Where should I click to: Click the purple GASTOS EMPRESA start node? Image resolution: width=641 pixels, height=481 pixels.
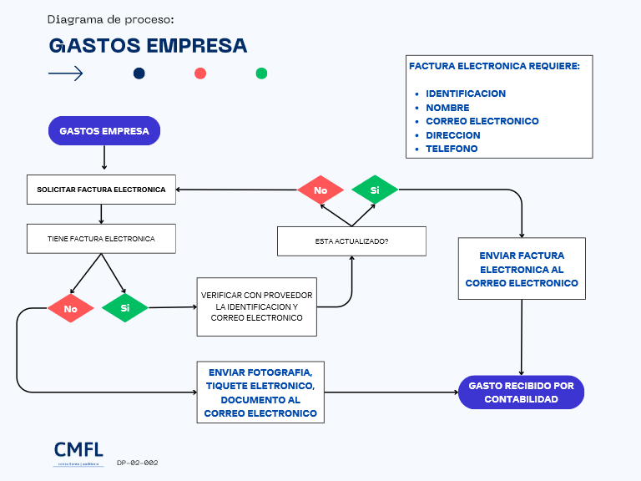[x=103, y=131]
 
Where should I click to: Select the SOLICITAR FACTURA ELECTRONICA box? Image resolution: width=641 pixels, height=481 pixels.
[x=101, y=190]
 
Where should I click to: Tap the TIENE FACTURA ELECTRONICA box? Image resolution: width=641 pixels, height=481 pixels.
[x=101, y=238]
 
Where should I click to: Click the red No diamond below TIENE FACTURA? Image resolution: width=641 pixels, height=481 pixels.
[x=71, y=308]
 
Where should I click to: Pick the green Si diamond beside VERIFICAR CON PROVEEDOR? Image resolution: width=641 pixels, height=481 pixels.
[x=125, y=308]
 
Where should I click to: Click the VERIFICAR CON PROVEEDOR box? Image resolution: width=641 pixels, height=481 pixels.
[x=257, y=306]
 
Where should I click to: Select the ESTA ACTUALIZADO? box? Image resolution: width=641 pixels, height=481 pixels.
[x=351, y=241]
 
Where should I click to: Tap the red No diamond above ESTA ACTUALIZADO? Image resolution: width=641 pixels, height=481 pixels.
[x=320, y=190]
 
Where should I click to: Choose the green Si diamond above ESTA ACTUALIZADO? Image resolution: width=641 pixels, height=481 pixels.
[x=375, y=190]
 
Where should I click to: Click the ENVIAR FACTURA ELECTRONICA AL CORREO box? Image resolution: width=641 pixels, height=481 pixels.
[x=522, y=269]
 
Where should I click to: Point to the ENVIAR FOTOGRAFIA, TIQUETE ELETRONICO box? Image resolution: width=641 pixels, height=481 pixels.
[x=260, y=392]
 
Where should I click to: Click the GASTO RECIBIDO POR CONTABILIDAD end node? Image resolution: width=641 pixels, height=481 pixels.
[x=521, y=392]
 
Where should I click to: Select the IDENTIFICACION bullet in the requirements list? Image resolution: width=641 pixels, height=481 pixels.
[x=466, y=94]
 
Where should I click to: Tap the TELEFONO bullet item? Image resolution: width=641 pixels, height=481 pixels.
[x=452, y=149]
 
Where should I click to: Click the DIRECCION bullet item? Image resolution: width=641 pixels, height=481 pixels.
[x=453, y=135]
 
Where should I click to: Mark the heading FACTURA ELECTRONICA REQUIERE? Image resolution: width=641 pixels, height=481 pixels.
[x=494, y=66]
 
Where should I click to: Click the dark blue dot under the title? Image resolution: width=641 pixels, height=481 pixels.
[x=139, y=73]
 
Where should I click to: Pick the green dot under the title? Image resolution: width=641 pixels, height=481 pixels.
[x=261, y=73]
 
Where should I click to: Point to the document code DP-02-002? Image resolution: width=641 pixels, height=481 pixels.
[x=138, y=462]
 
